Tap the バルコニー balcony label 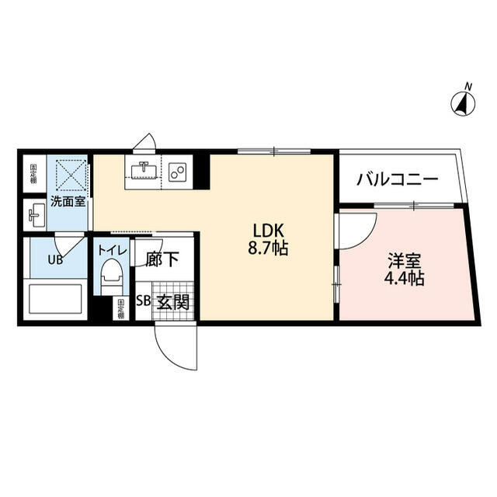pos(397,180)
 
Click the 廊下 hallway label pos(162,259)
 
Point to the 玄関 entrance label pos(173,302)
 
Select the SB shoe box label pos(144,302)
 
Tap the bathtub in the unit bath pos(54,300)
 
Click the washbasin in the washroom pos(36,212)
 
